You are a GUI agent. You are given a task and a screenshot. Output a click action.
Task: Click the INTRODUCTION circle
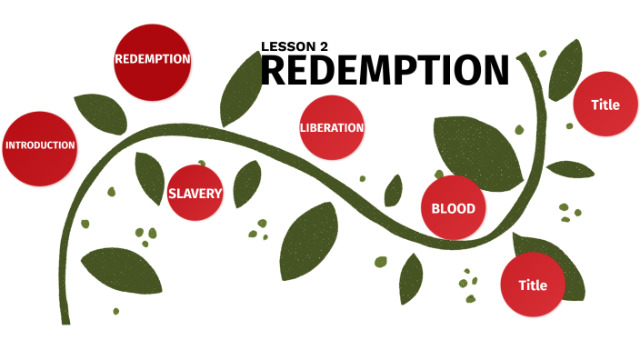click(x=39, y=146)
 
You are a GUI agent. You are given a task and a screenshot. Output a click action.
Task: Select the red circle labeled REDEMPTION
click(x=152, y=60)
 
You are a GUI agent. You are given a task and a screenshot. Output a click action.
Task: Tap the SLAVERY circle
click(x=195, y=193)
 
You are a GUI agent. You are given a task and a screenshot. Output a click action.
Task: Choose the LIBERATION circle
click(x=332, y=128)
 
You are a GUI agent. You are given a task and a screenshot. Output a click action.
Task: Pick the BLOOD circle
click(x=453, y=209)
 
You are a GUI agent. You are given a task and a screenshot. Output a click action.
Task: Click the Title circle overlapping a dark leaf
click(x=533, y=285)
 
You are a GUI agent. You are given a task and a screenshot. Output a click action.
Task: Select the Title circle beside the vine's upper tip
click(x=605, y=105)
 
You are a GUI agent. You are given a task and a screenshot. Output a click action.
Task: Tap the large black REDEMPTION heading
click(x=385, y=71)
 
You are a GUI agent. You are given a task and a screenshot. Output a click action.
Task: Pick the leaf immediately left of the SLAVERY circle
click(x=148, y=176)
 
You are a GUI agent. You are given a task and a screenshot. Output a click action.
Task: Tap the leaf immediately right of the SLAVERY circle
click(x=246, y=184)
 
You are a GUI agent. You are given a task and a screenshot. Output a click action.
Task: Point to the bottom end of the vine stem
click(x=65, y=318)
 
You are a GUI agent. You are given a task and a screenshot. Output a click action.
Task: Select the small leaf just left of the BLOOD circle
click(x=394, y=191)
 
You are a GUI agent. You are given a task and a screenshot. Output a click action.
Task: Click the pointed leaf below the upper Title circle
click(x=570, y=170)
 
